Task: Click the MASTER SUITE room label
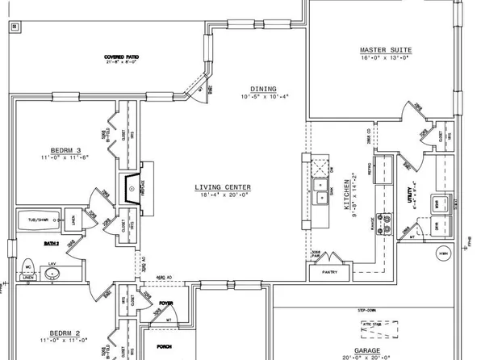(384, 50)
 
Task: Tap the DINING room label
(263, 89)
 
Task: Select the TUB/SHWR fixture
(37, 220)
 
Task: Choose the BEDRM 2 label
(44, 333)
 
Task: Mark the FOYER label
(165, 304)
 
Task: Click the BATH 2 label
(30, 242)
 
